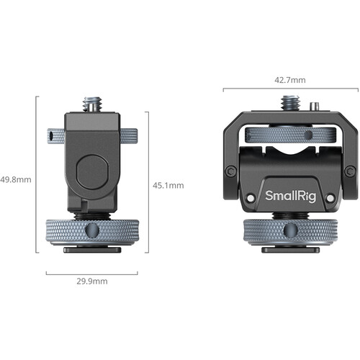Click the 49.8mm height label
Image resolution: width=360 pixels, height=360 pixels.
pyautogui.click(x=16, y=180)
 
